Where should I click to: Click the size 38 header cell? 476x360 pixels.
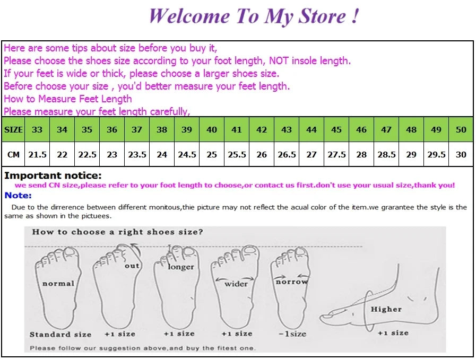[x=162, y=129]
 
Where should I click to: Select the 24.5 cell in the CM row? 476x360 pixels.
[x=187, y=154]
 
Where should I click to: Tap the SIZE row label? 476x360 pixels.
[x=13, y=129]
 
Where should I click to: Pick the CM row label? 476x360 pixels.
[x=13, y=154]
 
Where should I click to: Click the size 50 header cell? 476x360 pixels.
[x=461, y=129]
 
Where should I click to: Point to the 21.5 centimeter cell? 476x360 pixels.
[x=37, y=154]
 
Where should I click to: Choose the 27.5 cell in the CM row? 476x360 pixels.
[x=336, y=154]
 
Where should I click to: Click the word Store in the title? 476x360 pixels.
[x=322, y=16]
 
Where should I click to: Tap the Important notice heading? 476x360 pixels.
[x=53, y=175]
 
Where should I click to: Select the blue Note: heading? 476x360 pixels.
[x=18, y=195]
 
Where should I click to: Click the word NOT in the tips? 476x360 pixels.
[x=279, y=60]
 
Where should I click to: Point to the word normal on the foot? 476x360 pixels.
[x=58, y=284]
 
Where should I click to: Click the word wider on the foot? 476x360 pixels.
[x=236, y=284]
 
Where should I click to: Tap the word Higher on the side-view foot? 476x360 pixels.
[x=386, y=309]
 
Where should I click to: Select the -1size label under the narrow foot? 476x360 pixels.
[x=292, y=334]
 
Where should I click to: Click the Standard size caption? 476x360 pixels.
[x=60, y=334]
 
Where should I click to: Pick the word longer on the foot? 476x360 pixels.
[x=181, y=267]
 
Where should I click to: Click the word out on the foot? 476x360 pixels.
[x=132, y=266]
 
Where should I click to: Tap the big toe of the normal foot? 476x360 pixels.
[x=70, y=253]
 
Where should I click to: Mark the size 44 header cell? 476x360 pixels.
[x=311, y=129]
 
